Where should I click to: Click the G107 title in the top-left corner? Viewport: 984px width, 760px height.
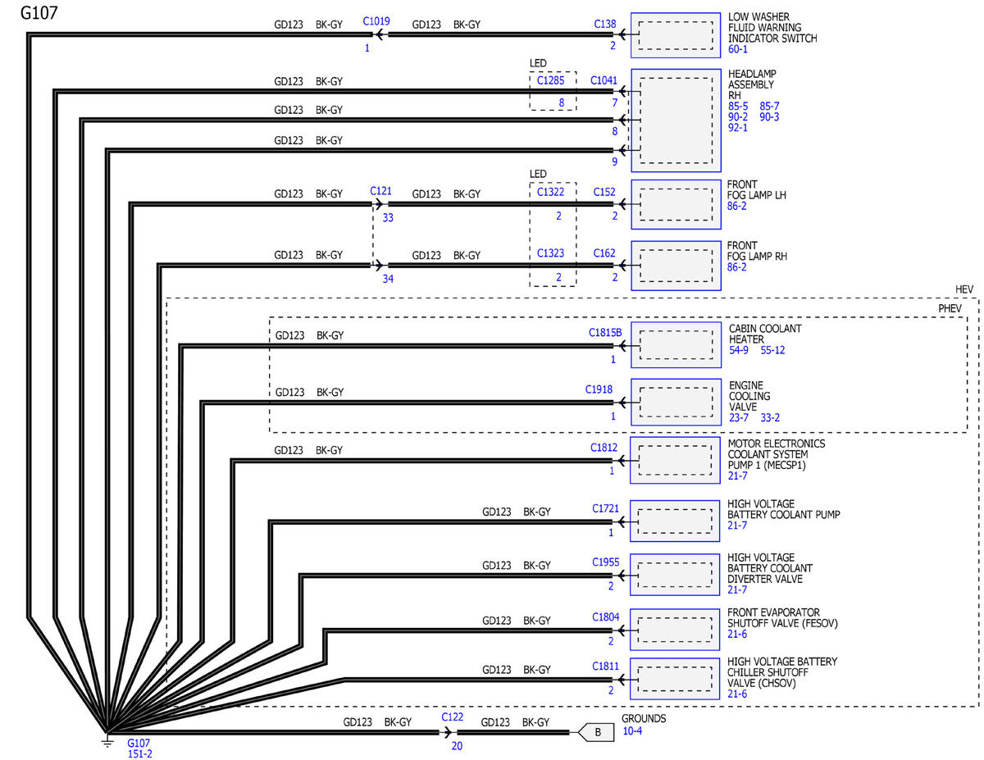(38, 14)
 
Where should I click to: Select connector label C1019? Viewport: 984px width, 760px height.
(376, 22)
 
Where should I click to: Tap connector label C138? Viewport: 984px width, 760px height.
(604, 25)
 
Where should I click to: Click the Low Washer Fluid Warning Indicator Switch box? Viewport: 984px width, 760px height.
(675, 35)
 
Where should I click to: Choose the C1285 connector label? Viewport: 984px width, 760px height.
(550, 80)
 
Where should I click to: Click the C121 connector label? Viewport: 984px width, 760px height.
(380, 191)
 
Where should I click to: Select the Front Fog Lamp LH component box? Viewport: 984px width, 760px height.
(675, 204)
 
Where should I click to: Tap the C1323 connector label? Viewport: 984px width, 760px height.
(550, 253)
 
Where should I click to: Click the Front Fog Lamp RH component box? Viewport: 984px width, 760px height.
(675, 265)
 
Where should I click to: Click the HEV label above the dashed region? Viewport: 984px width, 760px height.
(965, 289)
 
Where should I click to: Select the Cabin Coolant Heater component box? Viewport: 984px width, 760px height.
(675, 344)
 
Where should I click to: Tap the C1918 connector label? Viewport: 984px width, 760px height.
(599, 389)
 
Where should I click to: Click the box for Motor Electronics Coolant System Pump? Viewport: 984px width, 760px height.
(675, 460)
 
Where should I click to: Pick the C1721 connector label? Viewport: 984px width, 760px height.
(606, 509)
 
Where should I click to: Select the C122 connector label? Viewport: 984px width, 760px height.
(452, 717)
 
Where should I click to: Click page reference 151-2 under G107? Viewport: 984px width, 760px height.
(139, 754)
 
